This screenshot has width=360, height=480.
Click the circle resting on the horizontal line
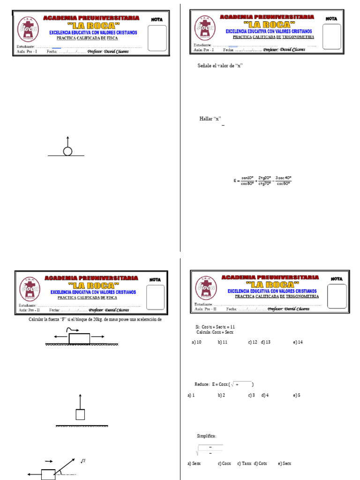(x=67, y=151)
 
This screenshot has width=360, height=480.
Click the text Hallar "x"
(x=210, y=119)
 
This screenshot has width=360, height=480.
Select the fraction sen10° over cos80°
(x=247, y=180)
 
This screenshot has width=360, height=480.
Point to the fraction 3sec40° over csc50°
(x=283, y=180)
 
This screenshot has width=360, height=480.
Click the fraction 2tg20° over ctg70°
(x=265, y=180)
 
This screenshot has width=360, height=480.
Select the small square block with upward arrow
(x=80, y=414)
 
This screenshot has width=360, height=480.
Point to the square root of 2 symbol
(x=83, y=461)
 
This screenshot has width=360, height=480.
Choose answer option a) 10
(x=196, y=342)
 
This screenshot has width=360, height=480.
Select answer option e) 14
(x=298, y=342)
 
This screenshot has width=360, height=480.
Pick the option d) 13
(x=266, y=342)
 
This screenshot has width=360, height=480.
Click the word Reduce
(x=202, y=384)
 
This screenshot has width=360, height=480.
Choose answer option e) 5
(x=297, y=395)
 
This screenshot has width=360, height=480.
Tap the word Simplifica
(x=207, y=436)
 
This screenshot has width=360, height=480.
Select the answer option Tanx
(x=247, y=464)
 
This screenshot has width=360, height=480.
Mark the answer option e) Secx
(x=285, y=464)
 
